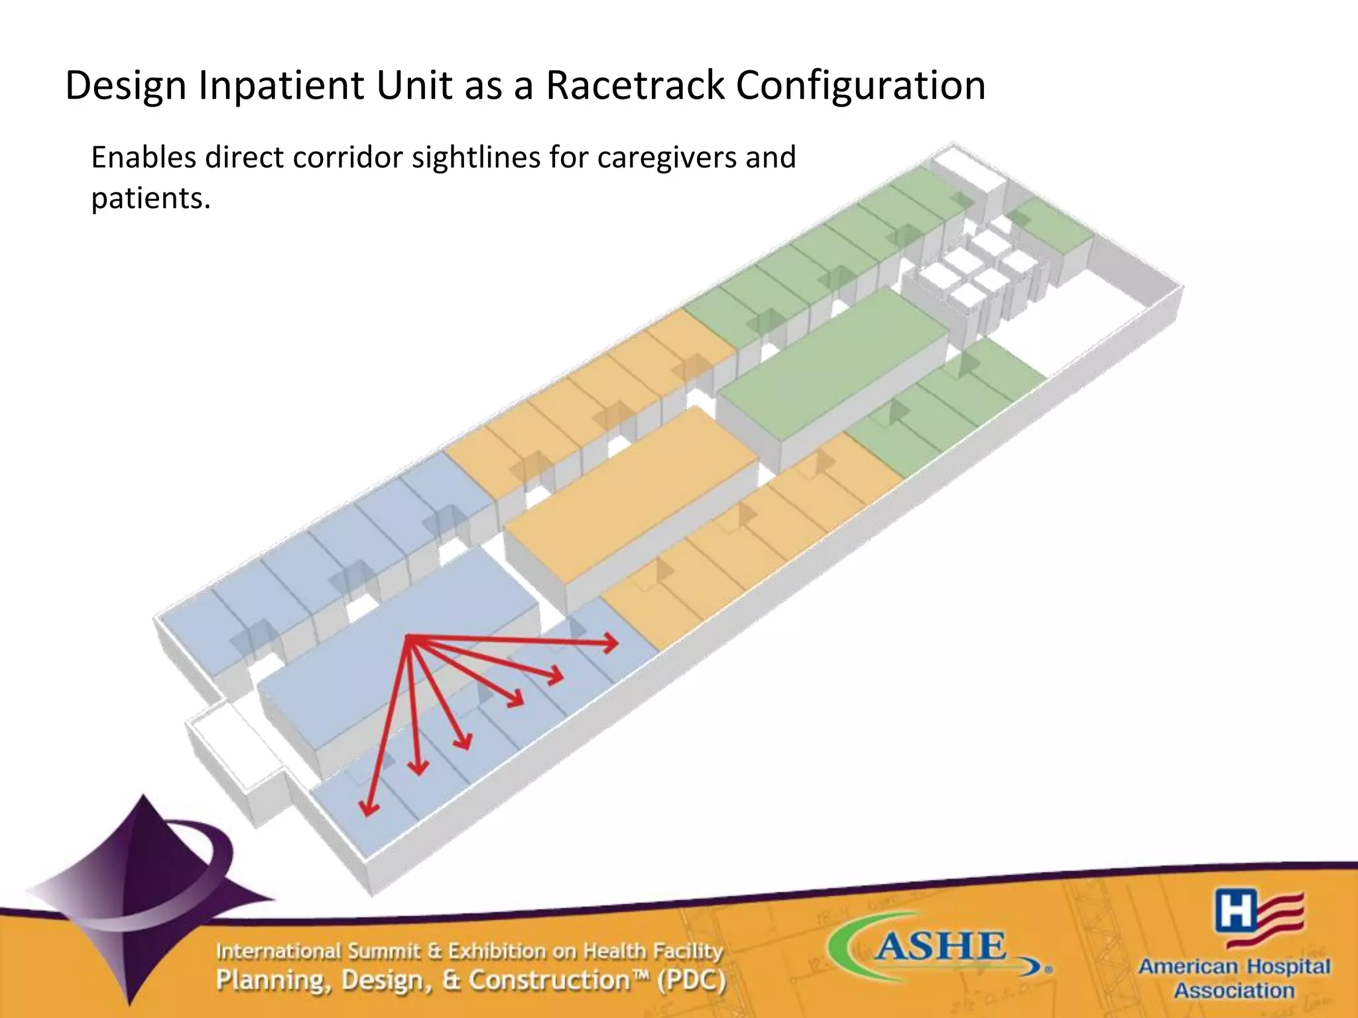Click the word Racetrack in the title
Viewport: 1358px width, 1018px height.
tap(635, 85)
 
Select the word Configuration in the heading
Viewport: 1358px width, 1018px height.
tap(860, 85)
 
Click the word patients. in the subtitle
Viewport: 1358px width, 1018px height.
tap(151, 198)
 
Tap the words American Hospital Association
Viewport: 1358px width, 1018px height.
tap(1234, 978)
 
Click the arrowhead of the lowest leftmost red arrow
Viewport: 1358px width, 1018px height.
tap(367, 809)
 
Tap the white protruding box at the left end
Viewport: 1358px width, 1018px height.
tap(232, 749)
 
